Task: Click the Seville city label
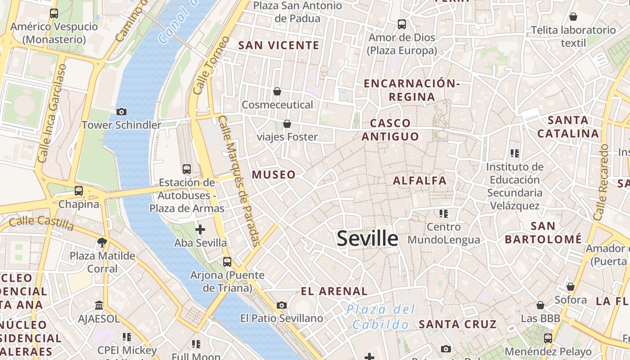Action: click(x=367, y=238)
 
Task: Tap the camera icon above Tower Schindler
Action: click(x=121, y=112)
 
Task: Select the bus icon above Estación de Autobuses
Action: click(x=187, y=169)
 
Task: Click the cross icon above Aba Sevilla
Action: click(x=200, y=230)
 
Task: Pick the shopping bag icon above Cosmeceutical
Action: click(x=277, y=91)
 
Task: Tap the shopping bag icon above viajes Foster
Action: click(x=287, y=124)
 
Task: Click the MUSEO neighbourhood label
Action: click(x=274, y=175)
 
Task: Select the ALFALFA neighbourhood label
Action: click(x=419, y=181)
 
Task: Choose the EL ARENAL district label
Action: click(x=334, y=291)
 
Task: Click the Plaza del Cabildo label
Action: click(x=381, y=317)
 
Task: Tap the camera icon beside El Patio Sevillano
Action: click(x=282, y=306)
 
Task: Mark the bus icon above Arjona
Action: click(x=227, y=261)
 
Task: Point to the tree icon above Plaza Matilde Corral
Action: click(x=102, y=243)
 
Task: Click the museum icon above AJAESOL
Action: click(x=99, y=306)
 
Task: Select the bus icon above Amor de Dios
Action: click(x=402, y=24)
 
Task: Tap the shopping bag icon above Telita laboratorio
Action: click(x=573, y=17)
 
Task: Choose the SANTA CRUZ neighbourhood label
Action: click(x=457, y=324)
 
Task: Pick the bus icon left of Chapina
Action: click(x=79, y=190)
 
